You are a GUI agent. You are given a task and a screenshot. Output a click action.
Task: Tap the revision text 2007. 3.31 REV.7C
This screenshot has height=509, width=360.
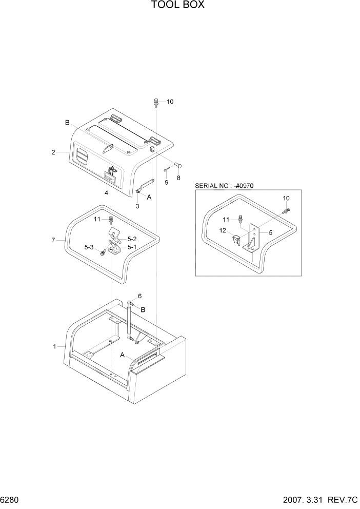[x=318, y=500]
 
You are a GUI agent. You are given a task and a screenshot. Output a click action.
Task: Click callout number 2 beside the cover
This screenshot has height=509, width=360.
[x=53, y=152]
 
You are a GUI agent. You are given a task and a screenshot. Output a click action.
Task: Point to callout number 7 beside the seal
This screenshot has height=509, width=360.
[x=53, y=240]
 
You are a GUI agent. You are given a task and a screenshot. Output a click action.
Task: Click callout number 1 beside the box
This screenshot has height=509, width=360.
[x=54, y=347]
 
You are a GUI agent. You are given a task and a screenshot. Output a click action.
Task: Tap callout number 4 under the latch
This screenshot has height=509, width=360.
[x=106, y=193]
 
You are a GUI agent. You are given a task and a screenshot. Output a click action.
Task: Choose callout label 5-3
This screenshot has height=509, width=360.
[x=89, y=247]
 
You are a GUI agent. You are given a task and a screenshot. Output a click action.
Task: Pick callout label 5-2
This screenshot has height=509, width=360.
[x=132, y=239]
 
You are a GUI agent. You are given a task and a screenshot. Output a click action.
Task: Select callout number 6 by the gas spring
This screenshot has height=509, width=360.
[x=139, y=297]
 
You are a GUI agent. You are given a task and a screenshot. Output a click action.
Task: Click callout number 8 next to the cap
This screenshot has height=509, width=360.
[x=178, y=178]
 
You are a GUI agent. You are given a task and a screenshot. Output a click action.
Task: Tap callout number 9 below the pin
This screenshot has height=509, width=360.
[x=166, y=182]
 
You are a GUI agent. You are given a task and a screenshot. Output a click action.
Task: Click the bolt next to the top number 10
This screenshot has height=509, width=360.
[x=155, y=103]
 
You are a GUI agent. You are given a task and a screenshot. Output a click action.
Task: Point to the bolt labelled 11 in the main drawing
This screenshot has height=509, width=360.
[x=111, y=221]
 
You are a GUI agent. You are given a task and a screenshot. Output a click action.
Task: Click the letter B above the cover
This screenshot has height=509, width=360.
[x=67, y=123]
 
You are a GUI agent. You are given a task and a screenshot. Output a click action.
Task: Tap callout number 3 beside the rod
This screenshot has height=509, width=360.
[x=137, y=206]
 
